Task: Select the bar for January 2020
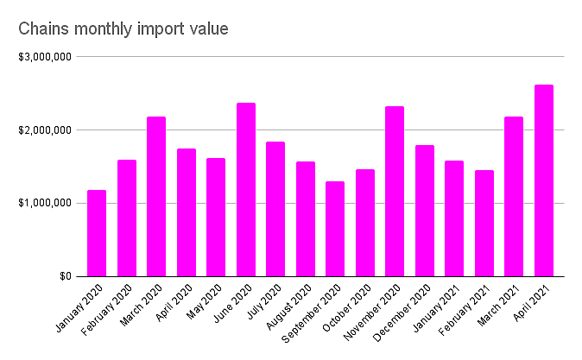pyautogui.click(x=97, y=233)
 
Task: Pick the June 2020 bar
pyautogui.click(x=246, y=190)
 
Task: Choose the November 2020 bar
pyautogui.click(x=395, y=192)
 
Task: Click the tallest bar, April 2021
pyautogui.click(x=544, y=180)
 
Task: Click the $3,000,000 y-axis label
pyautogui.click(x=42, y=57)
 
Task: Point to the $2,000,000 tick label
pyautogui.click(x=42, y=130)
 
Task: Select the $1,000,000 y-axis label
pyautogui.click(x=42, y=204)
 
